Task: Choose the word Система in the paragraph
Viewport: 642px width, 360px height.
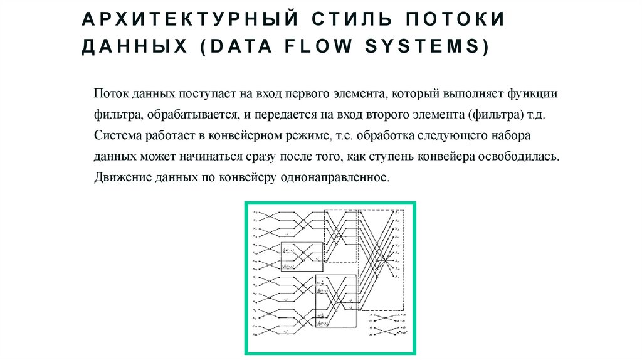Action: (117, 135)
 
